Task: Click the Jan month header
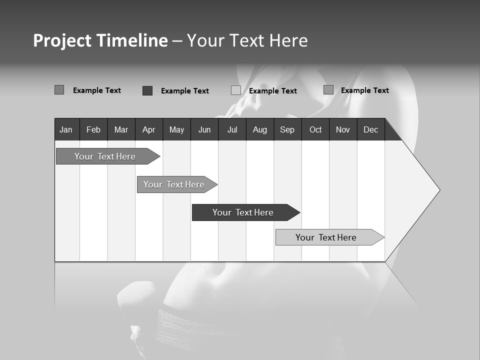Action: coord(66,129)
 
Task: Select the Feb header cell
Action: coord(93,129)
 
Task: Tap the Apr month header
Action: coord(148,129)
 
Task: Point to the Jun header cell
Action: coord(204,129)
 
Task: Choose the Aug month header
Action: coord(259,129)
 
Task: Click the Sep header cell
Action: coord(287,129)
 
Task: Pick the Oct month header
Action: coord(315,129)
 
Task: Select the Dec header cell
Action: coord(371,129)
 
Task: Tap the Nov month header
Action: coord(343,129)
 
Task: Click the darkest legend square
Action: coord(147,90)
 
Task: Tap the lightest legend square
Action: coord(236,90)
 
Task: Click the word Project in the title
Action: coord(62,40)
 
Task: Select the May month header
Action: coord(176,129)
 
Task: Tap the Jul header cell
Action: coord(232,129)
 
